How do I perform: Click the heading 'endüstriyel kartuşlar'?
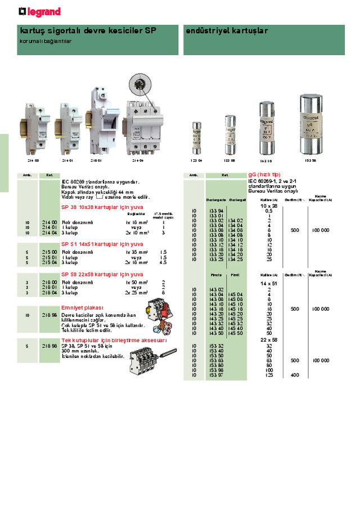(x=227, y=31)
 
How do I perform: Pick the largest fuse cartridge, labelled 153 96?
(x=311, y=124)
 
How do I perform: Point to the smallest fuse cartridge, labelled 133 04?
(x=196, y=138)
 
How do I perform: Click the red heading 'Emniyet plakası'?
(x=83, y=308)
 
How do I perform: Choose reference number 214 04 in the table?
(x=48, y=232)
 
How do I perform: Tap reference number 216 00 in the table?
(x=48, y=283)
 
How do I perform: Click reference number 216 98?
(x=48, y=315)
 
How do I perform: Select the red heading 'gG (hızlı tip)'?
(x=264, y=175)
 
